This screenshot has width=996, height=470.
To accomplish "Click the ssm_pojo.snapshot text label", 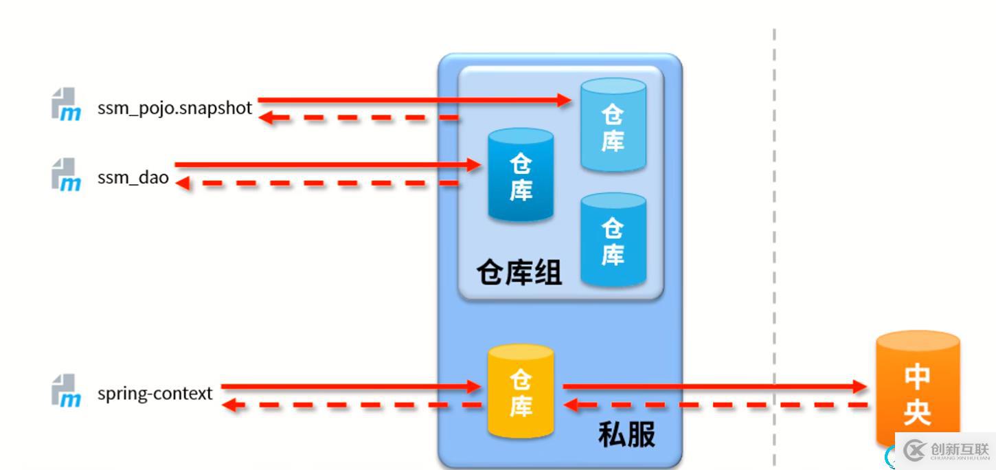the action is pyautogui.click(x=174, y=109).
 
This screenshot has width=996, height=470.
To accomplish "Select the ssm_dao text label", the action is pyautogui.click(x=133, y=177).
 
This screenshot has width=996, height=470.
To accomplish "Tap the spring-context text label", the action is pyautogui.click(x=155, y=394).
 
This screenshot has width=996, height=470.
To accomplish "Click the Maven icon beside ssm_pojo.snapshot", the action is pyautogui.click(x=66, y=104).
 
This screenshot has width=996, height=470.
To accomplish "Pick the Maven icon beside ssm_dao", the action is pyautogui.click(x=66, y=175).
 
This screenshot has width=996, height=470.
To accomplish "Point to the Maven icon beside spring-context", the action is pyautogui.click(x=66, y=390).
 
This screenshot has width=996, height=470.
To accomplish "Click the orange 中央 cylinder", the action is pyautogui.click(x=917, y=387).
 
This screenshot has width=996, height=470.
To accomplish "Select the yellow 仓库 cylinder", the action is pyautogui.click(x=521, y=391).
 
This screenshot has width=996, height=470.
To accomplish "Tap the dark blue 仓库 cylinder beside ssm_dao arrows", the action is pyautogui.click(x=521, y=175).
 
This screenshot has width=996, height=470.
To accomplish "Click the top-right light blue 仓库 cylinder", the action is pyautogui.click(x=613, y=125).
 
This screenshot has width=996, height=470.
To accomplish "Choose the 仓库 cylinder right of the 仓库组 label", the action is pyautogui.click(x=613, y=239).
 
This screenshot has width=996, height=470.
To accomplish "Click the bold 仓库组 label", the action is pyautogui.click(x=519, y=272).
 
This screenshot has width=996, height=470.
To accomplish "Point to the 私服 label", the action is pyautogui.click(x=626, y=435).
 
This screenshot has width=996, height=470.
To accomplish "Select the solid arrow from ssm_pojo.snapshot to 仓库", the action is pyautogui.click(x=414, y=100).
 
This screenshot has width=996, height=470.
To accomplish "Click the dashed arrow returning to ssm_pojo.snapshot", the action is pyautogui.click(x=359, y=117).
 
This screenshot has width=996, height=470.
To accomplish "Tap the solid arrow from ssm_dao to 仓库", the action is pyautogui.click(x=328, y=165).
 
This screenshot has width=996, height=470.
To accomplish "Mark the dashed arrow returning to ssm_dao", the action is pyautogui.click(x=317, y=183).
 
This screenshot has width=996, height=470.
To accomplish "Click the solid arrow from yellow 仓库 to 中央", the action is pyautogui.click(x=715, y=386).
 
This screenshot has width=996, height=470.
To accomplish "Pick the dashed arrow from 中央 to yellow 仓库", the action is pyautogui.click(x=716, y=405).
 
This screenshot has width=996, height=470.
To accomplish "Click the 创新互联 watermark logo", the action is pyautogui.click(x=946, y=451).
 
